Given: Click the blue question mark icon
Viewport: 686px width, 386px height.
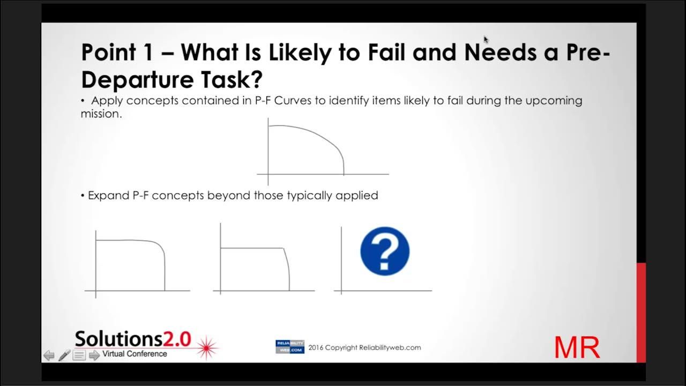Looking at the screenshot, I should (385, 251).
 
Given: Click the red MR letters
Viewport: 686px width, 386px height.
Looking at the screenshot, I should (577, 347).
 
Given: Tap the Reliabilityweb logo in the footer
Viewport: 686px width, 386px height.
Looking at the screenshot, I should (290, 347).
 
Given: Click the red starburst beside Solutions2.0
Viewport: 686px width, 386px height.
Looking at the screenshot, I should (207, 347).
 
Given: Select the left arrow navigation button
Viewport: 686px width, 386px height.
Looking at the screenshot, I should (49, 355).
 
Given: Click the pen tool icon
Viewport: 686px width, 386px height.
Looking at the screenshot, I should (64, 355).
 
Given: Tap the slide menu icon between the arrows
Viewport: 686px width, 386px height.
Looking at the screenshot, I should (79, 355).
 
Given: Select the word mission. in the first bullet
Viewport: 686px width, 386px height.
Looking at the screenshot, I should (101, 114).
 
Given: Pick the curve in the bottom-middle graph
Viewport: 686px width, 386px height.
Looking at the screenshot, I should (252, 248).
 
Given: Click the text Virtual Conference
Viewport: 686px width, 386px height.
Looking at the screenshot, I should (135, 354).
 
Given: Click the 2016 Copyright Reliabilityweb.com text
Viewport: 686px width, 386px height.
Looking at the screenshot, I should (364, 347).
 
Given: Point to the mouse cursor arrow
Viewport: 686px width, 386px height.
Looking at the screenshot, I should (486, 40).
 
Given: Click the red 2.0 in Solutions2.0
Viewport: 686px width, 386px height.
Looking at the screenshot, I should (177, 339).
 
